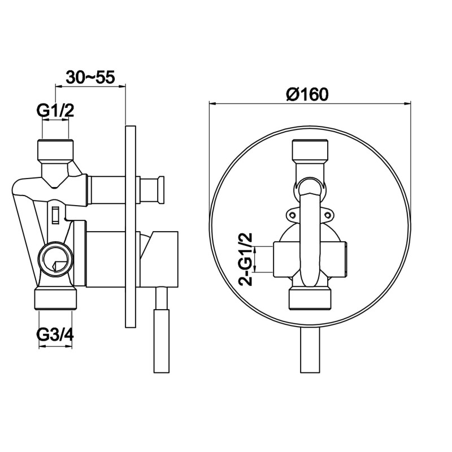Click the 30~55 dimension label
[x=90, y=77]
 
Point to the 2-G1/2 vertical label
[x=245, y=259]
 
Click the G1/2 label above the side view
[x=55, y=110]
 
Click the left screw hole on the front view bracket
[x=293, y=215]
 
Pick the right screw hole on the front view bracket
[x=327, y=215]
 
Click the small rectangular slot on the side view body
[x=55, y=215]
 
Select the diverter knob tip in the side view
[x=161, y=189]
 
